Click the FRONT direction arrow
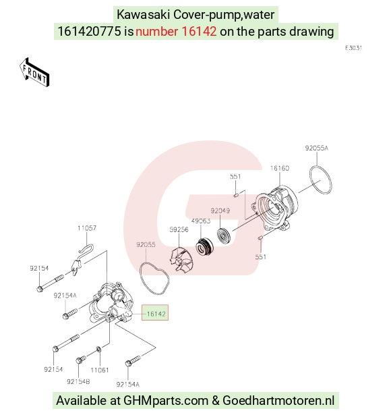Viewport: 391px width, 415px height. [x=34, y=72]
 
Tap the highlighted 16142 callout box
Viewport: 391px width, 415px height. [x=155, y=312]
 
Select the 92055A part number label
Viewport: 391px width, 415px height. [x=316, y=148]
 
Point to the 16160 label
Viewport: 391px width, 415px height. [x=280, y=168]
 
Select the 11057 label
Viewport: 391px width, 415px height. [x=87, y=228]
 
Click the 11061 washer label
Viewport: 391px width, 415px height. [x=100, y=370]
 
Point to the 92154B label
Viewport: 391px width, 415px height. [x=78, y=381]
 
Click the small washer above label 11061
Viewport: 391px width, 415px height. [x=98, y=350]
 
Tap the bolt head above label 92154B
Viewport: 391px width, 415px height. [x=79, y=360]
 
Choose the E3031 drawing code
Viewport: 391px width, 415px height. [x=353, y=48]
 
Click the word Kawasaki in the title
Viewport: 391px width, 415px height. [x=144, y=15]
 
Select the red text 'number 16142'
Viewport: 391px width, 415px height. [x=176, y=32]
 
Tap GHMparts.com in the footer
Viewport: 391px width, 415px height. [x=166, y=400]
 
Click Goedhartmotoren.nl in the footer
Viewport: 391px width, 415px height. [x=278, y=400]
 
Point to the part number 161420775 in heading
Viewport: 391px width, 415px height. [x=89, y=32]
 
